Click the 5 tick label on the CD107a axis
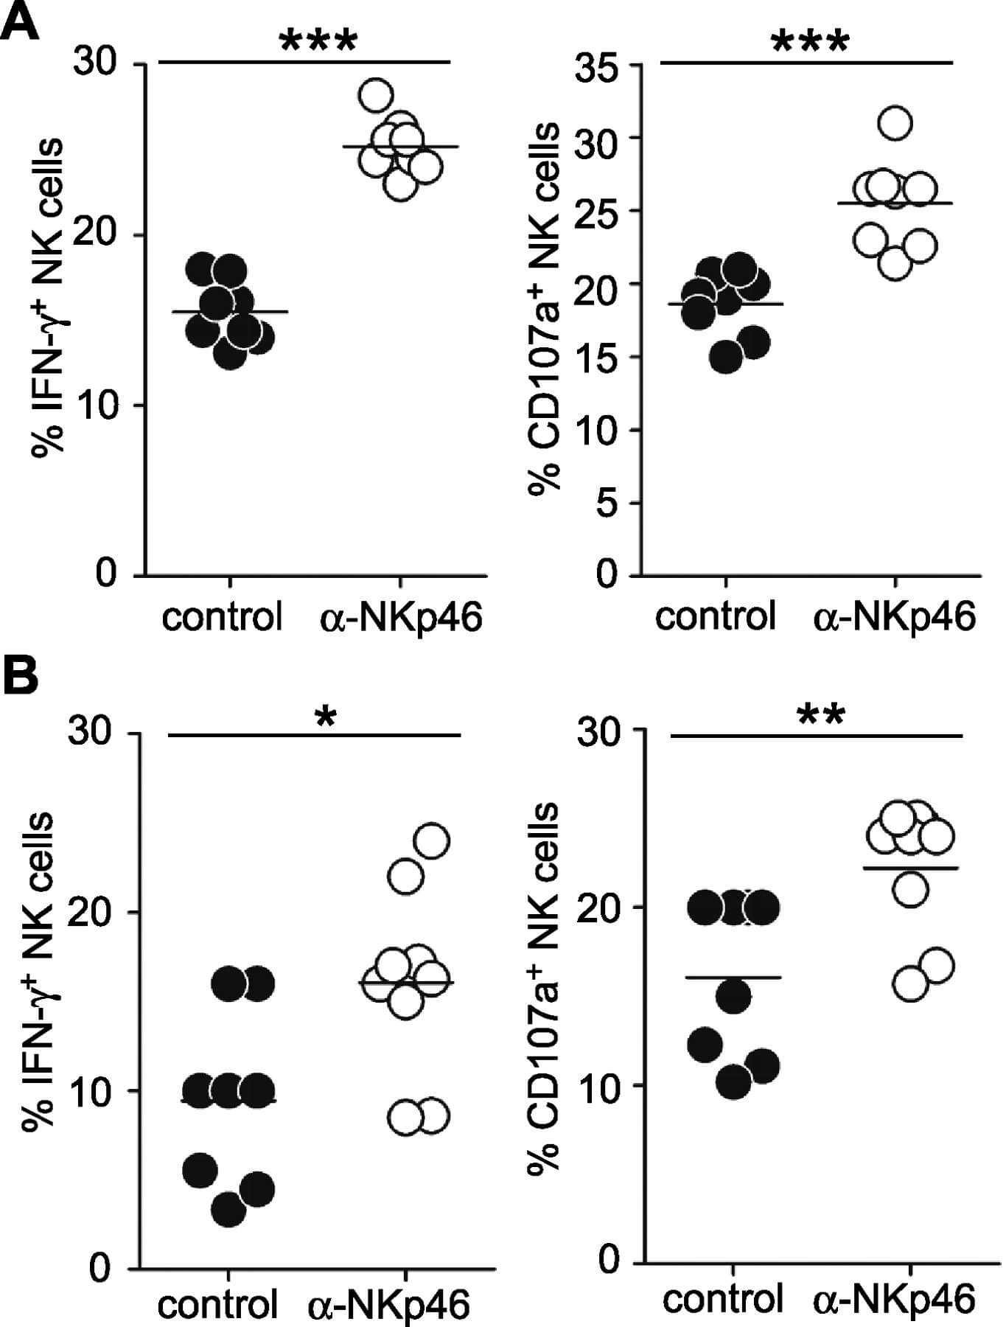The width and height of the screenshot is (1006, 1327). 607,504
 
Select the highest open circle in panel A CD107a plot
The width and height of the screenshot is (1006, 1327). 895,123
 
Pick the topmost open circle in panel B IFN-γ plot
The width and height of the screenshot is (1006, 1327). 432,840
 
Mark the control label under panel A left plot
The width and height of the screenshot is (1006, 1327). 222,616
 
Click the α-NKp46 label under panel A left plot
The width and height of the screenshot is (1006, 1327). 401,616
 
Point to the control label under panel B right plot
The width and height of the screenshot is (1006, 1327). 722,1299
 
